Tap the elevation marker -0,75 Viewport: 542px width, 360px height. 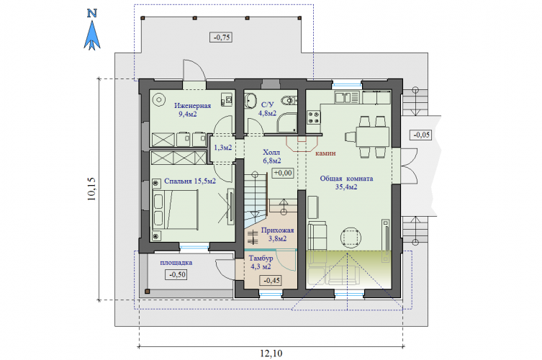click(x=221, y=37)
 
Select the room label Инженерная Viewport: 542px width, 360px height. click(x=192, y=105)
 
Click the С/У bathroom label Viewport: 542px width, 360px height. click(x=268, y=104)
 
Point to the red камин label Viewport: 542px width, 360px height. click(x=325, y=153)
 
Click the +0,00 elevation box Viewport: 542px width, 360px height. click(x=283, y=173)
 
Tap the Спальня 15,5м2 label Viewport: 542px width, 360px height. click(x=190, y=181)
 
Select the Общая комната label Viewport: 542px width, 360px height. click(x=346, y=179)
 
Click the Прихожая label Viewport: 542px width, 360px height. click(x=278, y=230)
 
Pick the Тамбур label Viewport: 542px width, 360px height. click(x=261, y=258)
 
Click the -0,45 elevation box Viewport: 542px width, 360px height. click(x=271, y=281)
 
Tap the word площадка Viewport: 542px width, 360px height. click(x=176, y=263)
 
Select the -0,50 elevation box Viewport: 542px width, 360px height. click(x=177, y=275)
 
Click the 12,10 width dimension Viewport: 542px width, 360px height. click(x=271, y=354)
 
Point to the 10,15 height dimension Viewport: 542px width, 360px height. click(x=91, y=189)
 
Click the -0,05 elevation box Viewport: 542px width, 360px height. click(x=421, y=135)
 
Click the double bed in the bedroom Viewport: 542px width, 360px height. click(x=175, y=210)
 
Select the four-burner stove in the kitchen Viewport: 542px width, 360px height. click(x=314, y=117)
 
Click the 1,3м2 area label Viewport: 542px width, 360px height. click(x=223, y=148)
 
